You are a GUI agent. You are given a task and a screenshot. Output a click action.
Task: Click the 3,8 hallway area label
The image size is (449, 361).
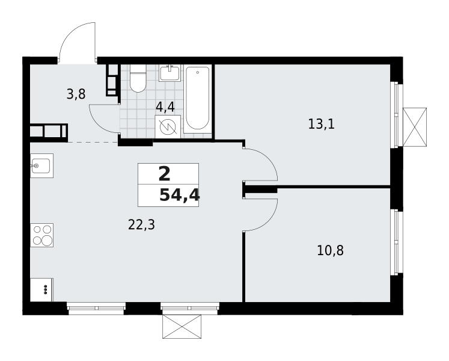[x=76, y=94]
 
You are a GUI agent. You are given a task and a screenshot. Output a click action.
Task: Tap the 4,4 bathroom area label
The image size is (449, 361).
[x=165, y=107]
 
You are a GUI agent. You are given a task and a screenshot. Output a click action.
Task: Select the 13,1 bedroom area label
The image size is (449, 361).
[x=322, y=124]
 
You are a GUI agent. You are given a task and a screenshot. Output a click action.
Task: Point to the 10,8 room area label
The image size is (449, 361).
[x=330, y=250]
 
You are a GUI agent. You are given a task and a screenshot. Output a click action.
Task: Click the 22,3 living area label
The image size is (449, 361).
[x=141, y=225]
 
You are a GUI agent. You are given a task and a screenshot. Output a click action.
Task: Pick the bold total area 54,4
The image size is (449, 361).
[x=180, y=196]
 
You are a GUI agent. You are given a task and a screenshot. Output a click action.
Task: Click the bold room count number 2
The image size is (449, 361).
[x=164, y=174]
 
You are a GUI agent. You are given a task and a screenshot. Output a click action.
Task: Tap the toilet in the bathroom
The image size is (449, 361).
[x=138, y=78]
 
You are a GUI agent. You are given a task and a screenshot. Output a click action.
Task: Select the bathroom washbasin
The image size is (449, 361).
[x=170, y=73]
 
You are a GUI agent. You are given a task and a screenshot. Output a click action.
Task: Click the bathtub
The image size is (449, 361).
[x=197, y=99]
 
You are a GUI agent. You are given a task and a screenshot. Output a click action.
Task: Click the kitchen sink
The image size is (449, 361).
[x=42, y=165]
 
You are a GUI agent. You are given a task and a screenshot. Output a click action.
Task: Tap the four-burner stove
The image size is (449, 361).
[x=42, y=235]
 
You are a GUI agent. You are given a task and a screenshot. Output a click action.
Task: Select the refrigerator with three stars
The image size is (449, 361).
[x=41, y=289]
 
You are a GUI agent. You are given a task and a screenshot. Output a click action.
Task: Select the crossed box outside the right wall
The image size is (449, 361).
[x=415, y=128]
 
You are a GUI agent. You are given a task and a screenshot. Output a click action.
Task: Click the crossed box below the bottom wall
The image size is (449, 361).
[x=182, y=326]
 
